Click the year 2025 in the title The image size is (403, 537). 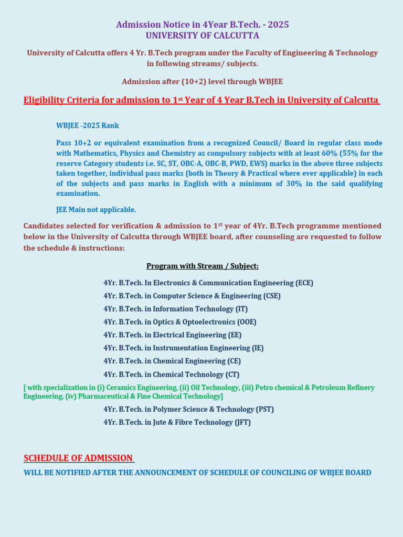click(x=278, y=25)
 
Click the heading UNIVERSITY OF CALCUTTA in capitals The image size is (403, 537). click(x=202, y=36)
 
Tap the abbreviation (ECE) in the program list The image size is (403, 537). click(x=304, y=283)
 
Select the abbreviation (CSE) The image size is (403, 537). click(x=271, y=296)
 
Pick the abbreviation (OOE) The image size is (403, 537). click(x=247, y=322)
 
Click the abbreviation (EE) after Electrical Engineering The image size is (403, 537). click(x=235, y=335)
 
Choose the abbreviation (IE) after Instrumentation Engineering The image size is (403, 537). click(x=257, y=348)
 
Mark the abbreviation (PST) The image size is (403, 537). click(x=264, y=409)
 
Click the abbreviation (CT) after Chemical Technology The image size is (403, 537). click(x=232, y=374)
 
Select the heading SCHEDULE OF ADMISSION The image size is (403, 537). click(x=78, y=458)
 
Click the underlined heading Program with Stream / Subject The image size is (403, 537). click(x=202, y=266)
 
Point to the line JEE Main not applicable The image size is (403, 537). click(x=96, y=210)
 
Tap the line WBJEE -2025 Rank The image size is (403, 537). click(x=88, y=125)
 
